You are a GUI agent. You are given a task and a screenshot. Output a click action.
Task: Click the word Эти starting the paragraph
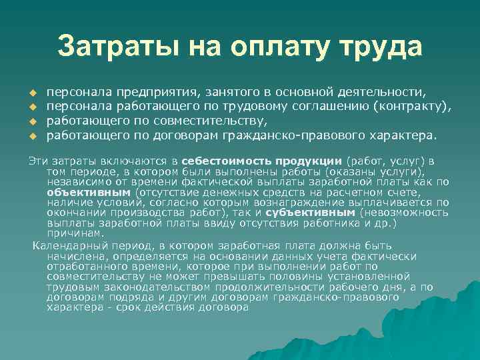[x=37, y=161]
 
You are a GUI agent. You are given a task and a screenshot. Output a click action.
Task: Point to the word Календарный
[x=65, y=246]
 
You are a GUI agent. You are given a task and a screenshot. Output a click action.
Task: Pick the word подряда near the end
[x=120, y=298]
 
